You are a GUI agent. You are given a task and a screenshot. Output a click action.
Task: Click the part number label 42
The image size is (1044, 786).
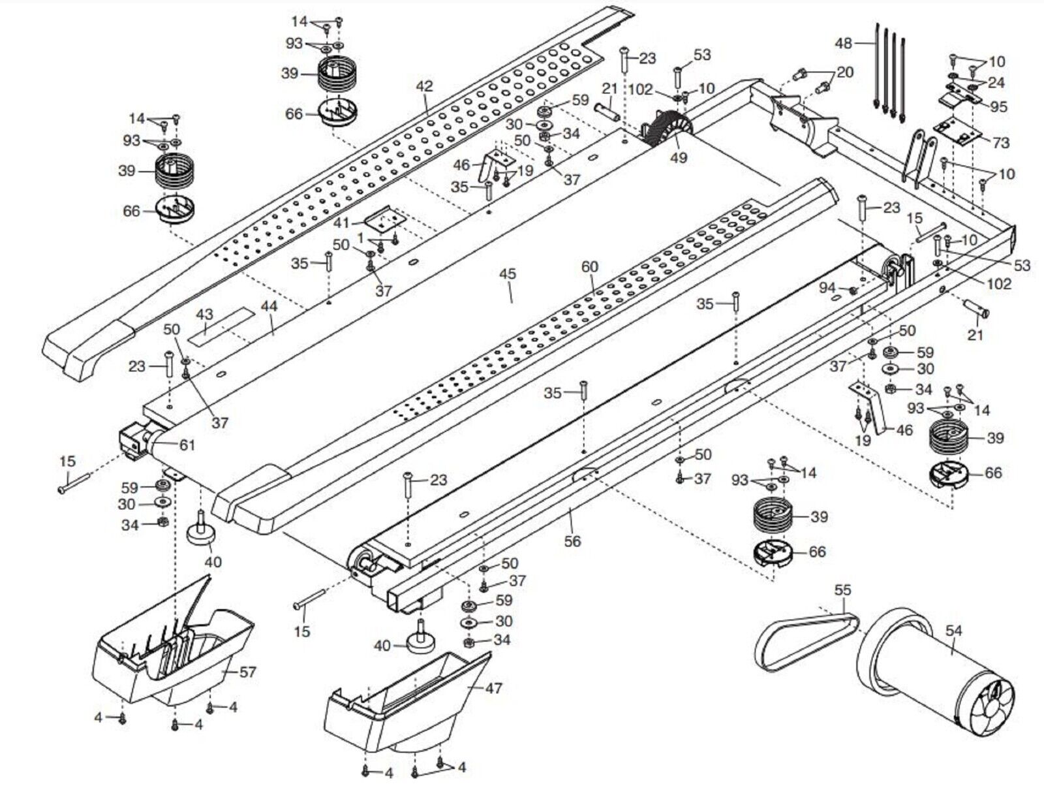coord(425,86)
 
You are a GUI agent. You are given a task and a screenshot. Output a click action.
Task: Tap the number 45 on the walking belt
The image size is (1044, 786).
coord(508,274)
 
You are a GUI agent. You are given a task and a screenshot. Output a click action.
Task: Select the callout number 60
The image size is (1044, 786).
coord(590,268)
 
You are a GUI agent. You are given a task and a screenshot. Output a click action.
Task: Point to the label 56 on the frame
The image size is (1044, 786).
coord(573,541)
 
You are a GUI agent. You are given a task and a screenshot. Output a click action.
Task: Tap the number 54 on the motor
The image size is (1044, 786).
coord(953,631)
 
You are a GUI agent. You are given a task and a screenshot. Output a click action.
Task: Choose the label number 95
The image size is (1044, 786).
coord(998,106)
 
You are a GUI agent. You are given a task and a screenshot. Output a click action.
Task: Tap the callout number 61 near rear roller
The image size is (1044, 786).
coord(187,445)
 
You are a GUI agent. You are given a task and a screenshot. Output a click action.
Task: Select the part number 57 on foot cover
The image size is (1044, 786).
coord(247,672)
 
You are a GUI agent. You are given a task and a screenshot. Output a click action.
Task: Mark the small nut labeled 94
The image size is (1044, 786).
coord(852,290)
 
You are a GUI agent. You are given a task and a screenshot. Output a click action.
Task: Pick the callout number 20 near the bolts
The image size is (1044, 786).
coord(845,73)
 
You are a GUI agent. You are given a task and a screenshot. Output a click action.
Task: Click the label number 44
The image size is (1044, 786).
coord(269,306)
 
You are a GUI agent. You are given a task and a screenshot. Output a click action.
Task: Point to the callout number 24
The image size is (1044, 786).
coord(995,83)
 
